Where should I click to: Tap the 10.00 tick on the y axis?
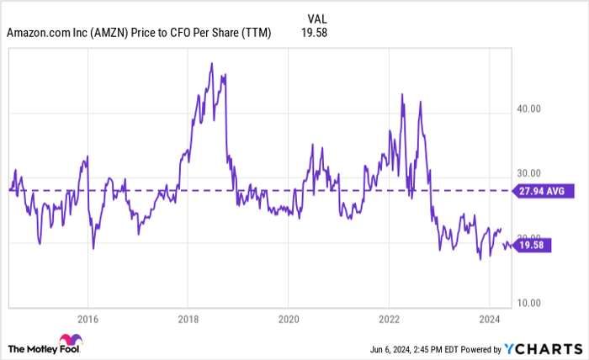528,303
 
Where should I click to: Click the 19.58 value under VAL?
313,33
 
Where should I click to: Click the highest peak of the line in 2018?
211,64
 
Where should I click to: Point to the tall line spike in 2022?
404,93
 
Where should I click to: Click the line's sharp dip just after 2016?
93,248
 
